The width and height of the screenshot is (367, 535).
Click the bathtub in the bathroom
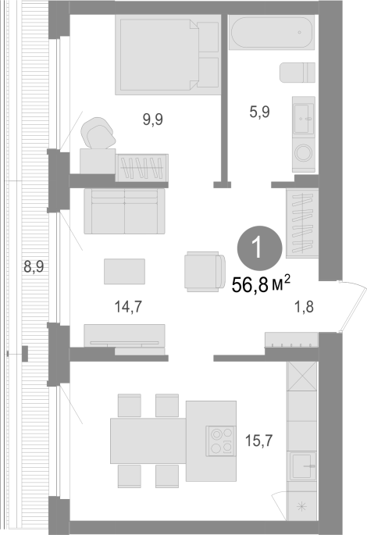pos(272,32)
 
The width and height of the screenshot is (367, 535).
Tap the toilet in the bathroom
pos(298,73)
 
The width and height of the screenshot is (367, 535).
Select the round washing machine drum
pos(303,153)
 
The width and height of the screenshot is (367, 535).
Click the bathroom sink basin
pos(304,118)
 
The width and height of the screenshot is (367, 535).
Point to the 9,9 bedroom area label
pos(152,119)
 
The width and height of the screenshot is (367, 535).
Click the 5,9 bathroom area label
pos(259,112)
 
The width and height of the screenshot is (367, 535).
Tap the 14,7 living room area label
pos(128,307)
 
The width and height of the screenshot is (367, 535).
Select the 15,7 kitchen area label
pos(259,440)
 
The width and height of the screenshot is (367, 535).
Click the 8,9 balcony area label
pos(34,266)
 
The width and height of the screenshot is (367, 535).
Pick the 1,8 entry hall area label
pos(304,307)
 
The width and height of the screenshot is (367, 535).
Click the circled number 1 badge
pos(260,248)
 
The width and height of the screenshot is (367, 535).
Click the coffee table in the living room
pos(124,271)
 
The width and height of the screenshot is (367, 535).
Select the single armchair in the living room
pos(205,272)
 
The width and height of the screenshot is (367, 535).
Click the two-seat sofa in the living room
pos(124,211)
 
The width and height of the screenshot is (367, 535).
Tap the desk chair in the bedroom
pos(98,133)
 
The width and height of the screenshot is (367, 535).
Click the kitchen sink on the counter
pos(302,466)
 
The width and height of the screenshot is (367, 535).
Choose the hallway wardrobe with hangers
pos(302,223)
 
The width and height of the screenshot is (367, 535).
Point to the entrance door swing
pos(353,305)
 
